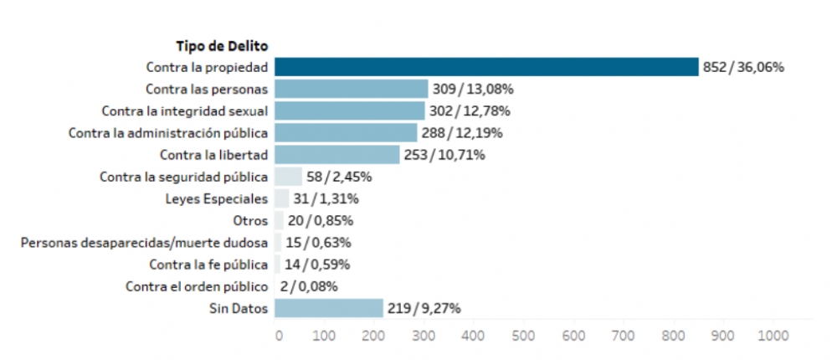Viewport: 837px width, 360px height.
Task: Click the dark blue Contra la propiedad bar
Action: point(485,67)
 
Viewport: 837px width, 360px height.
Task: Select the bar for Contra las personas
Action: point(351,89)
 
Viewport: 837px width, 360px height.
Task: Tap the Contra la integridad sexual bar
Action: point(349,111)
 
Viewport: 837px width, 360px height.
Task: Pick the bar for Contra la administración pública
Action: point(346,132)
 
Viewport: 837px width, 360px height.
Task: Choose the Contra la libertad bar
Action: point(336,154)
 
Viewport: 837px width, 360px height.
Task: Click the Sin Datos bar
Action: point(328,308)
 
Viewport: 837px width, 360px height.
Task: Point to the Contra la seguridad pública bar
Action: point(288,177)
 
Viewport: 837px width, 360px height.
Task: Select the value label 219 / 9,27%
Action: point(424,308)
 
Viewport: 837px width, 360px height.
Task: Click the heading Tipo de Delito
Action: point(221,45)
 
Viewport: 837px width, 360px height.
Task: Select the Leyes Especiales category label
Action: point(217,199)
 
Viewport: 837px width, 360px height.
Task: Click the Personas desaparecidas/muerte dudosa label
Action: point(144,243)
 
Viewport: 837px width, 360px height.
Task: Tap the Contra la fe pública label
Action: point(208,265)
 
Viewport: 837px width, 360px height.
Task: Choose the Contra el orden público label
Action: point(197,286)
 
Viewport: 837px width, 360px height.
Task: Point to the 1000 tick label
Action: point(773,335)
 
